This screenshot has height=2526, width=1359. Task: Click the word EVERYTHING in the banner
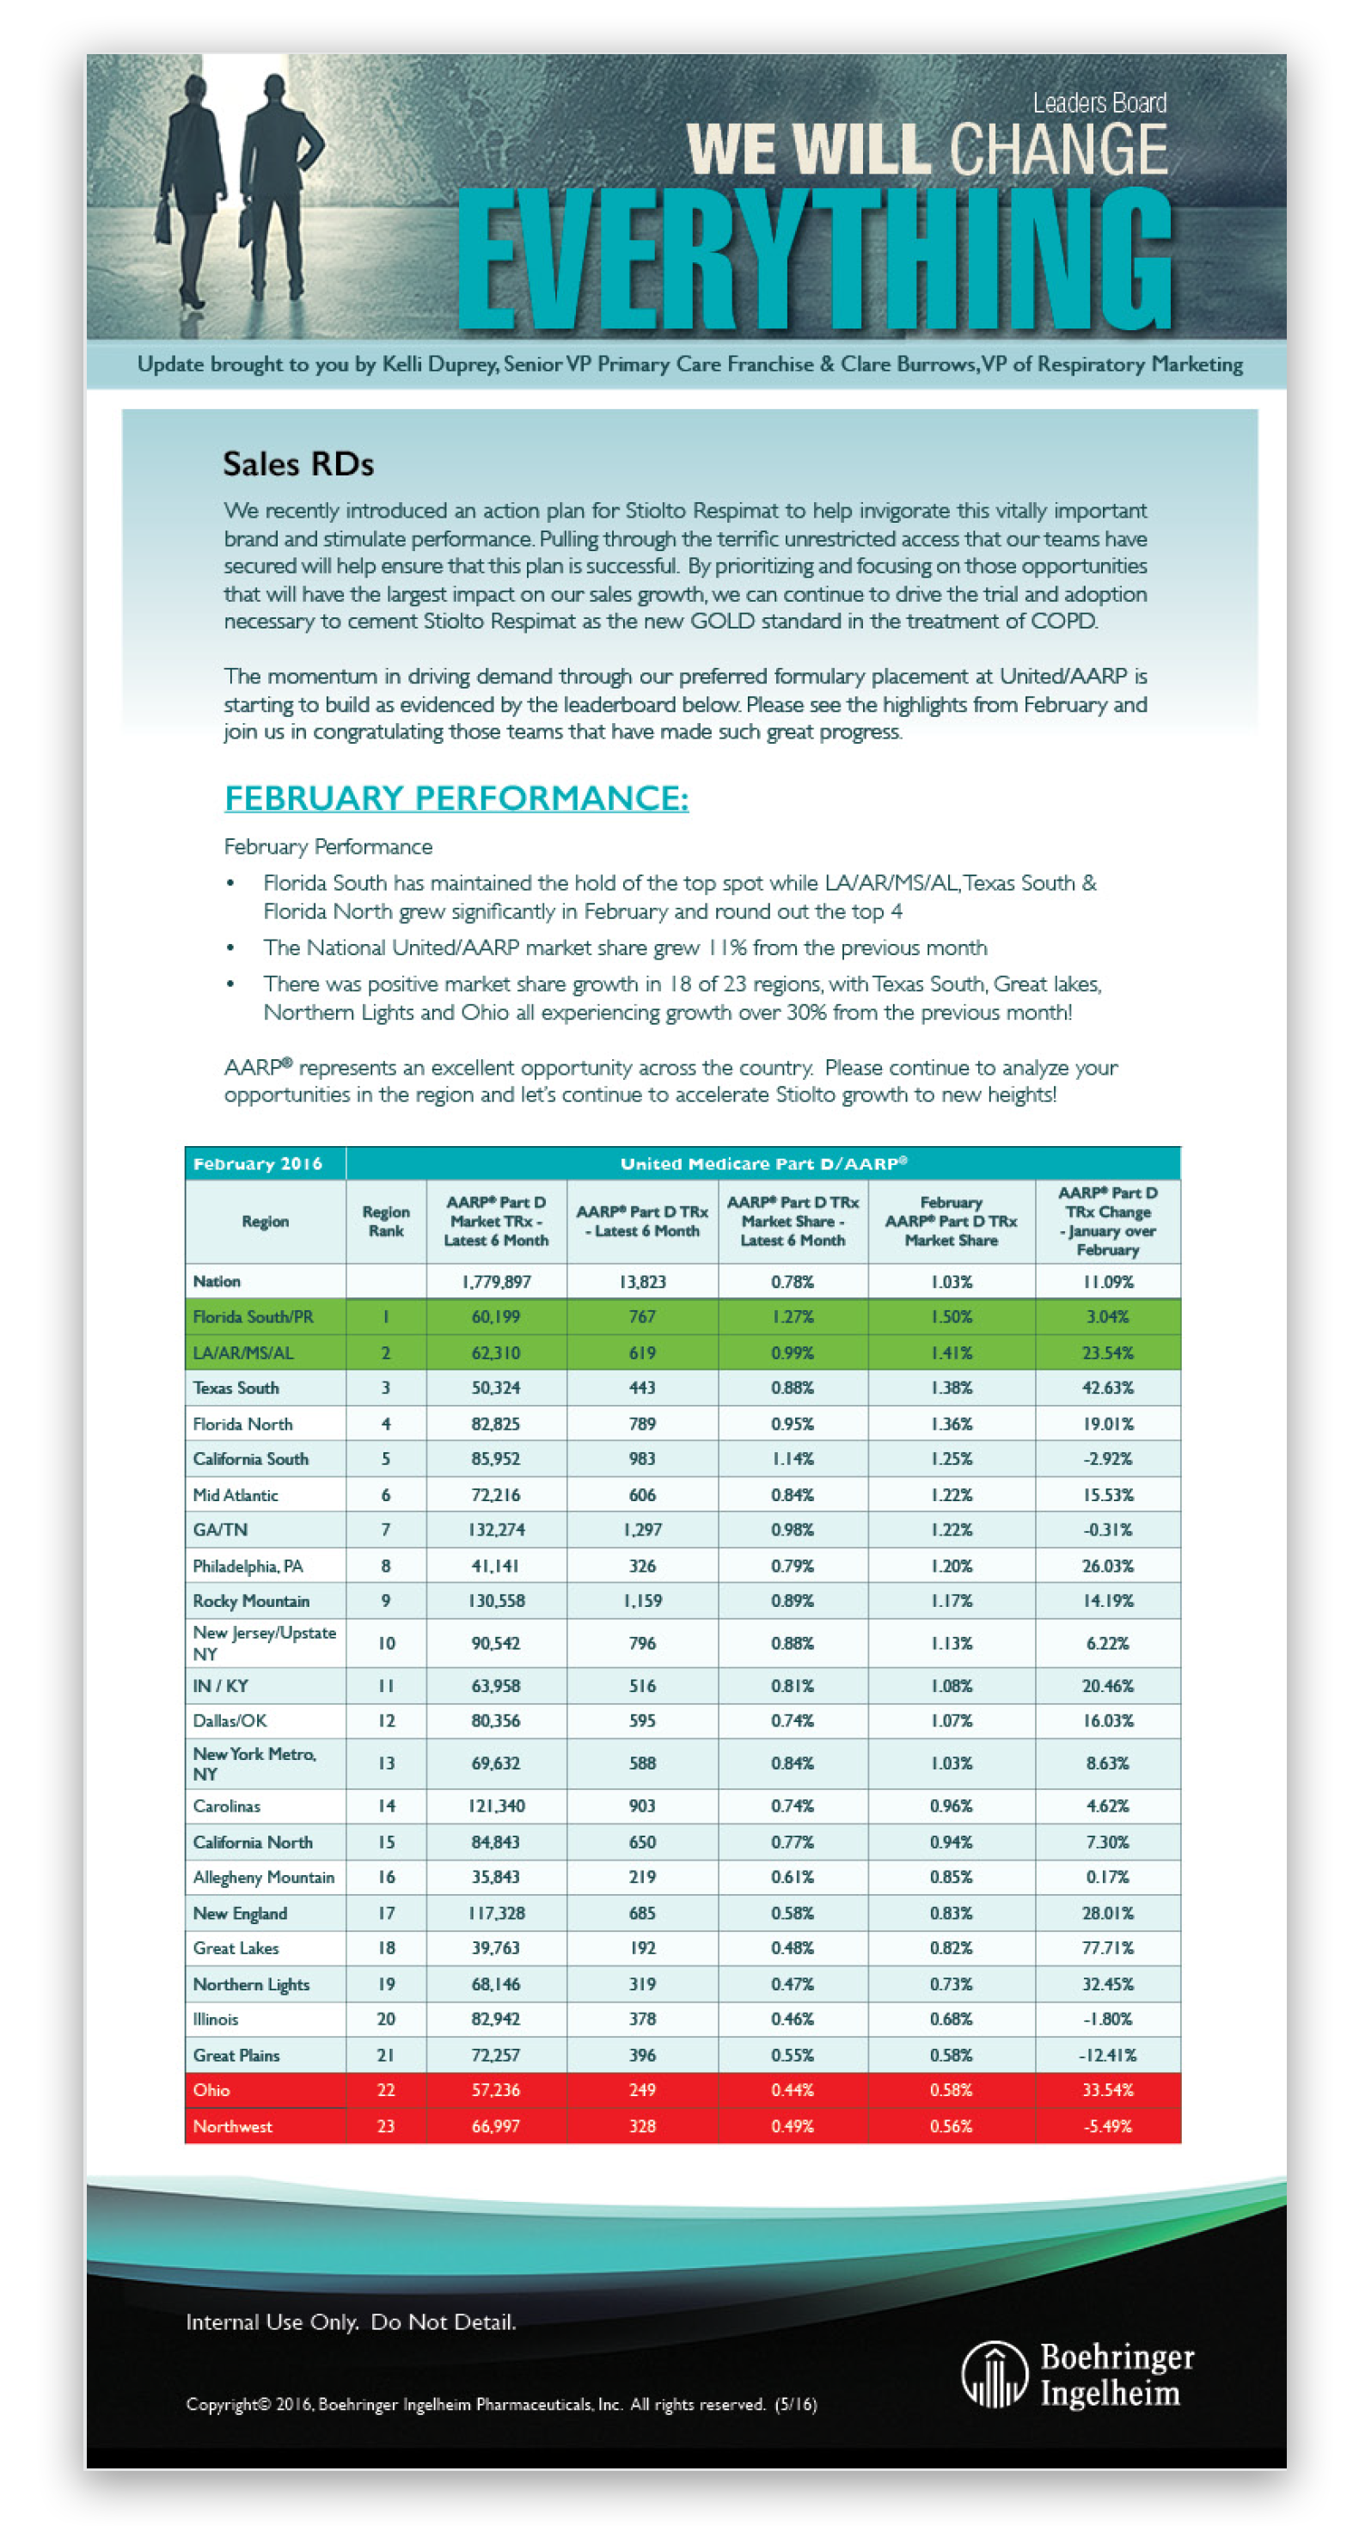[814, 259]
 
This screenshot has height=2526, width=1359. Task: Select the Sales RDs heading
[298, 463]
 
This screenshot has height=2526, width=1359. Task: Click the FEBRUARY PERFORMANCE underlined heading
[456, 797]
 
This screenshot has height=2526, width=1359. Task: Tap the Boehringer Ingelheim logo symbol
[994, 2374]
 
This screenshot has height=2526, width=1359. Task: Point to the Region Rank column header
[386, 1221]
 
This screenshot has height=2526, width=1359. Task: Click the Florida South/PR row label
[253, 1317]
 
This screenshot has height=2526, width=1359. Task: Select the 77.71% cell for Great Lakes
[1107, 1948]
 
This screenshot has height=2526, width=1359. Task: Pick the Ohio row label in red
[211, 2089]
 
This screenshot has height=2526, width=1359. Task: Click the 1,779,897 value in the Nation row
[496, 1282]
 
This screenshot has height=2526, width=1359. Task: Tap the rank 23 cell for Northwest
[386, 2126]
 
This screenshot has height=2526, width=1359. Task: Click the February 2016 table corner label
[258, 1164]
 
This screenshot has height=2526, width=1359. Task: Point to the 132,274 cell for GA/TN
[496, 1530]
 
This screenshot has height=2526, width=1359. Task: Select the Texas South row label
[236, 1388]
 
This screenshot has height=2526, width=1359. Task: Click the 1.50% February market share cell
[951, 1317]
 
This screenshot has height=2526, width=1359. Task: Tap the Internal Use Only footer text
[351, 2322]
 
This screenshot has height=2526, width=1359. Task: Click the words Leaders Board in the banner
[1099, 103]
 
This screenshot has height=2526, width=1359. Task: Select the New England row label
[240, 1913]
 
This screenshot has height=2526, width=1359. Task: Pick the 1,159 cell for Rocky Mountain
[642, 1600]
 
